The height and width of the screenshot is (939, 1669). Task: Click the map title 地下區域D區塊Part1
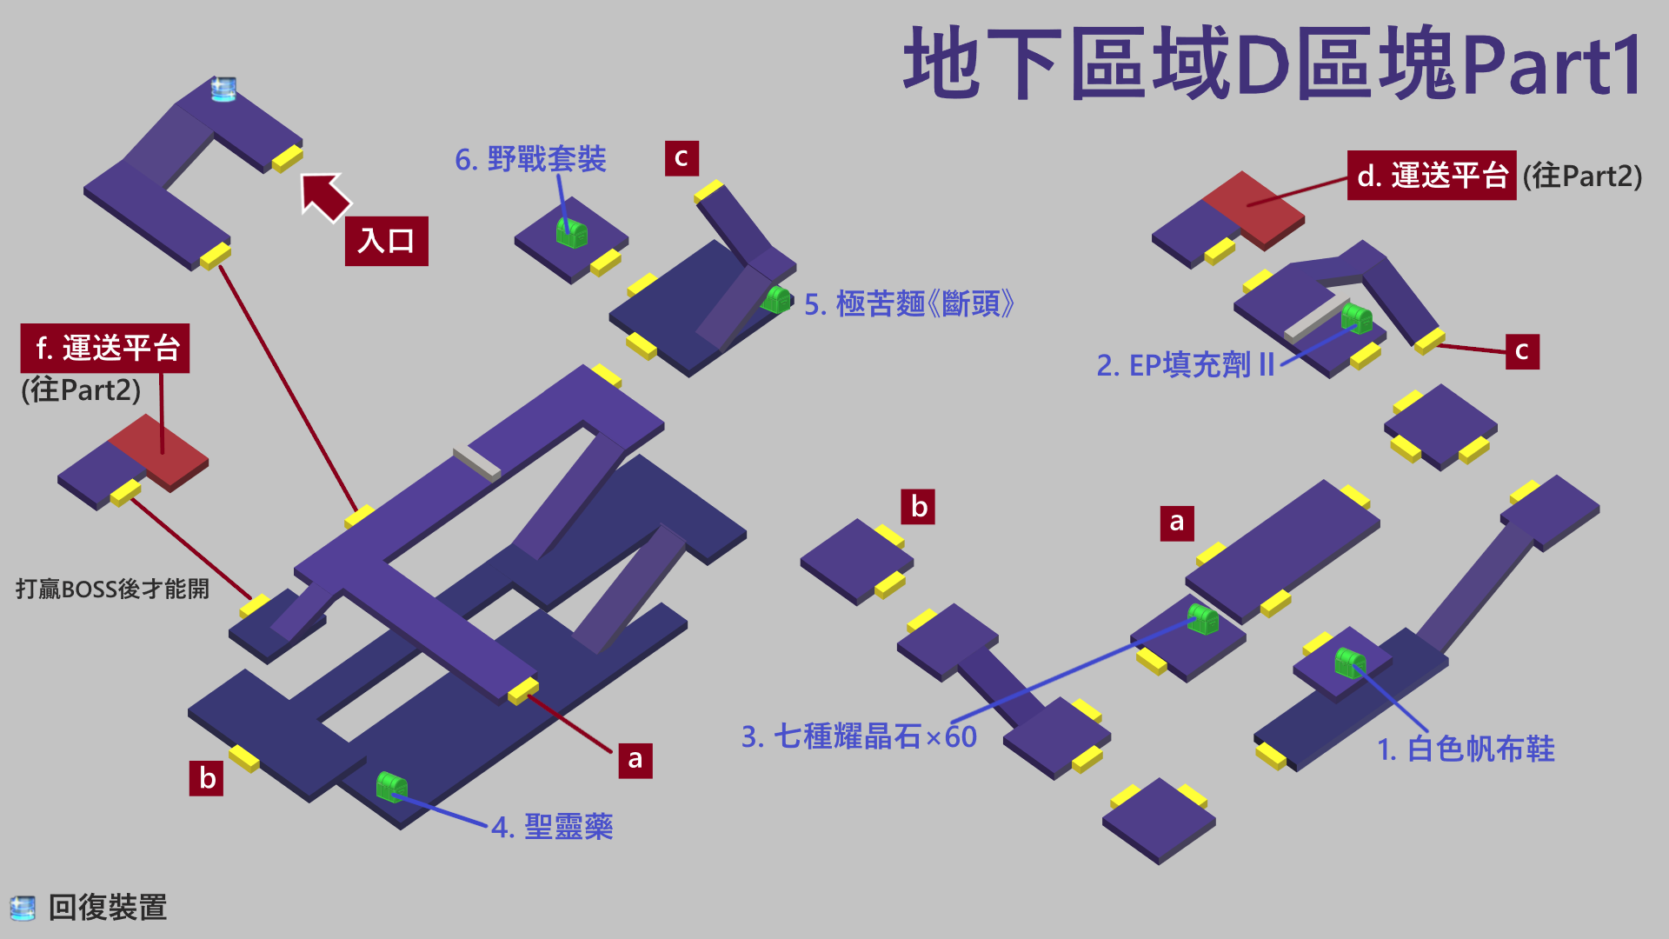click(x=1273, y=63)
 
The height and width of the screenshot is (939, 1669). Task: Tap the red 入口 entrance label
click(x=386, y=241)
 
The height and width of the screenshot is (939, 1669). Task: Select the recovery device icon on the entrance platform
click(x=223, y=89)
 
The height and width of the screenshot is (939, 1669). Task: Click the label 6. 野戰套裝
click(x=530, y=159)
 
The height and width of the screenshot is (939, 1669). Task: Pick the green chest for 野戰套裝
click(x=571, y=232)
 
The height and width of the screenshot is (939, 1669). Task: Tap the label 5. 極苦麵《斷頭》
click(x=908, y=304)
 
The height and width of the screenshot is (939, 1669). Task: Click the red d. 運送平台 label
click(x=1431, y=176)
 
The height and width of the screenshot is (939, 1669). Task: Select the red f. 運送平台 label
click(x=105, y=349)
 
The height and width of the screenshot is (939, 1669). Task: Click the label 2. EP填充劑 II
click(x=1185, y=365)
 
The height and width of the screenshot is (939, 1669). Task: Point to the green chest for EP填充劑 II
click(x=1355, y=317)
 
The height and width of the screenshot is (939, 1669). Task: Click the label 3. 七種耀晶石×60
click(x=859, y=736)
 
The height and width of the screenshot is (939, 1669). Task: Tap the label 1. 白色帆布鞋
click(x=1466, y=749)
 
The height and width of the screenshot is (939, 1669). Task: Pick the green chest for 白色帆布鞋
click(x=1349, y=663)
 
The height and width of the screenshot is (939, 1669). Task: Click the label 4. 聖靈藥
click(x=552, y=826)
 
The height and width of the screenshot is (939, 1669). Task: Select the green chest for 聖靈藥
click(x=391, y=786)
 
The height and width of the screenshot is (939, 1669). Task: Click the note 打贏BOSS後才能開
click(x=112, y=589)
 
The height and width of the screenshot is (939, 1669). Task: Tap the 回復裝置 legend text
click(x=107, y=908)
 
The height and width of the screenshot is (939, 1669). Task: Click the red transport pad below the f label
click(x=161, y=452)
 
